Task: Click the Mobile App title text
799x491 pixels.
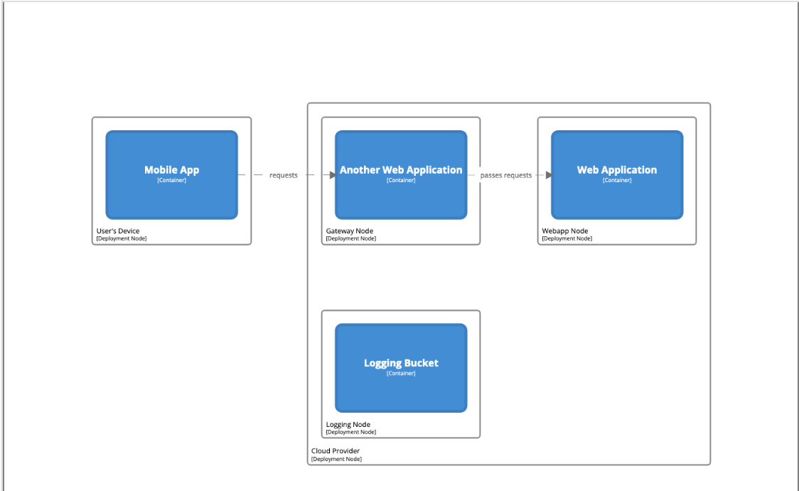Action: [171, 170]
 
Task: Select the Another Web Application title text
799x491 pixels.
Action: [401, 170]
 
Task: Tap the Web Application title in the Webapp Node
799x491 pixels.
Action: [617, 170]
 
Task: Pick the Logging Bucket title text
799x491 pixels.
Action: [401, 363]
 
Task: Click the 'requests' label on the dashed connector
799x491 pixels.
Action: [284, 175]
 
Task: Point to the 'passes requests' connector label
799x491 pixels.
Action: [506, 175]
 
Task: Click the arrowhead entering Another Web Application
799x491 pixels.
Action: [332, 175]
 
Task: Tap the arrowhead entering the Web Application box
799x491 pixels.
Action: [548, 175]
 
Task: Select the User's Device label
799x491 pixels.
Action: [118, 231]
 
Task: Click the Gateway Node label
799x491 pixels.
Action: [350, 231]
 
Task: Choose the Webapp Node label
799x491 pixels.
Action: [565, 231]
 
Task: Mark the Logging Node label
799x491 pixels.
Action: [348, 425]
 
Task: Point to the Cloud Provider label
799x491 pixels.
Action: [336, 451]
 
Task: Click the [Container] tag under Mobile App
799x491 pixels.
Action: [171, 180]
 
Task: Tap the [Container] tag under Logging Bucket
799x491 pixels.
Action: [401, 373]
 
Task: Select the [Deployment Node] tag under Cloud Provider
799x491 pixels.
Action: [336, 459]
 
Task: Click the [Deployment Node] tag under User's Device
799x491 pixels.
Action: [122, 238]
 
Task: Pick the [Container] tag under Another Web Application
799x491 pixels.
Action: [401, 180]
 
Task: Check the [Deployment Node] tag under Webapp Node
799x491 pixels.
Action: [567, 238]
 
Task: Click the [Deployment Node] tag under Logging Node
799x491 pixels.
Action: [351, 432]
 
